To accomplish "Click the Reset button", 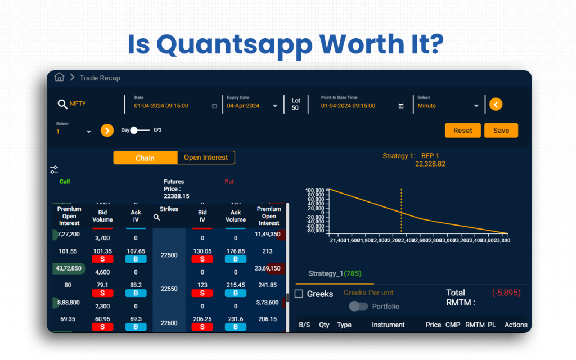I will point(462,130).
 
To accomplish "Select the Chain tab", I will point(145,158).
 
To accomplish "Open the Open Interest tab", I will point(206,158).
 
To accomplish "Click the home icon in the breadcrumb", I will point(59,78).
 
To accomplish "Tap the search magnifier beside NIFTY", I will point(62,104).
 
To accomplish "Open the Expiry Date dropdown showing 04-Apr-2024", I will point(274,106).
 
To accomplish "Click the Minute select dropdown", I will point(476,106).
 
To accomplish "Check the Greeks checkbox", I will point(299,294).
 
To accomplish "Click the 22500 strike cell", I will point(169,255).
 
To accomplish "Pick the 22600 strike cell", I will point(169,323).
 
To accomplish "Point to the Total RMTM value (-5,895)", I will point(506,293).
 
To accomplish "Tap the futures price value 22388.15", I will point(176,196).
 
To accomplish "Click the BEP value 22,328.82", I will point(430,164).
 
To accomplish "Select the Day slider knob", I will point(134,130).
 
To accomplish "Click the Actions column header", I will point(515,325).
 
